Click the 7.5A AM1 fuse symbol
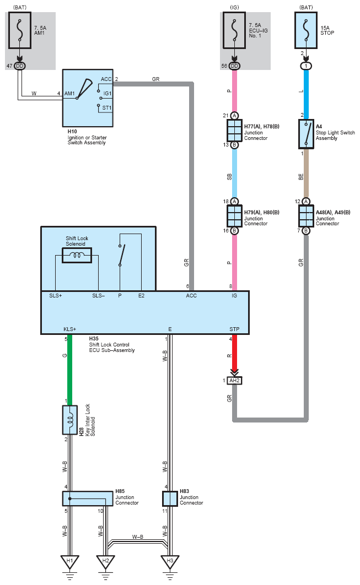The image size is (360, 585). [x=20, y=30]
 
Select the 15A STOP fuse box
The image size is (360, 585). [x=306, y=30]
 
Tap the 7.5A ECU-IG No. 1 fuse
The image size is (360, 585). [x=234, y=30]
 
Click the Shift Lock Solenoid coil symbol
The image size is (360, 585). [x=77, y=255]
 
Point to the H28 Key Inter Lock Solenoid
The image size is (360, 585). [x=70, y=420]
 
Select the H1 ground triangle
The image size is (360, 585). [x=70, y=561]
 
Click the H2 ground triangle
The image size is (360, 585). [x=106, y=561]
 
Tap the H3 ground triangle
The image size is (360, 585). [x=170, y=561]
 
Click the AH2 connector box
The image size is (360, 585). [x=234, y=381]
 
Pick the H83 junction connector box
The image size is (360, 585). [x=170, y=499]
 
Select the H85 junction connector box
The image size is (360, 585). [x=88, y=499]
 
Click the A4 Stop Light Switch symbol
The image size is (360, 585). [x=306, y=133]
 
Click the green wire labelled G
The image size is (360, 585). [x=70, y=367]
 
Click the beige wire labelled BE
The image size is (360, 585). [x=306, y=173]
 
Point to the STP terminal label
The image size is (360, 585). [x=234, y=329]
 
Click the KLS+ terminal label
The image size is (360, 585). [x=70, y=329]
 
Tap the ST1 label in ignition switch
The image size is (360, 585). [x=107, y=108]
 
